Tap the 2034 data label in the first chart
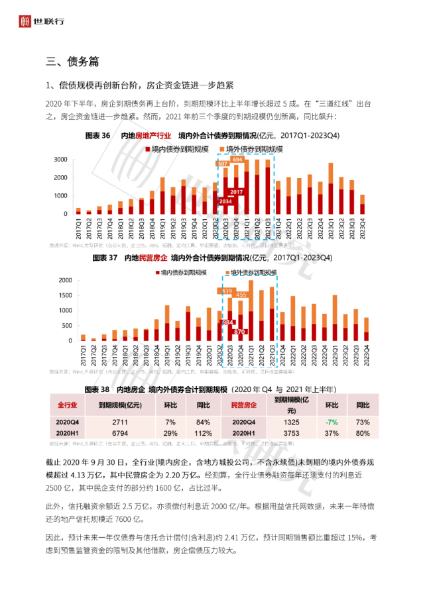pyautogui.click(x=225, y=201)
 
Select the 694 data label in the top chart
pyautogui.click(x=237, y=160)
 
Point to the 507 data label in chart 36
pyautogui.click(x=223, y=164)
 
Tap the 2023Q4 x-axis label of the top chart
pyautogui.click(x=363, y=228)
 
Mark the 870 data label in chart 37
pyautogui.click(x=239, y=331)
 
